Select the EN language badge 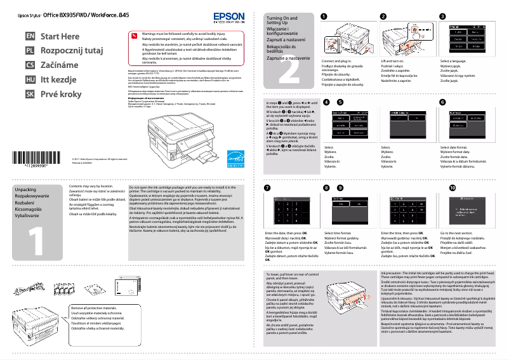[x=29, y=37]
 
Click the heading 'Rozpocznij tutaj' [x=71, y=51]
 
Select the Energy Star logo [x=235, y=152]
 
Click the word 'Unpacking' [x=25, y=190]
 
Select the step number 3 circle [x=443, y=16]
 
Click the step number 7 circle [x=267, y=188]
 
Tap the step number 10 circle [x=452, y=188]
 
